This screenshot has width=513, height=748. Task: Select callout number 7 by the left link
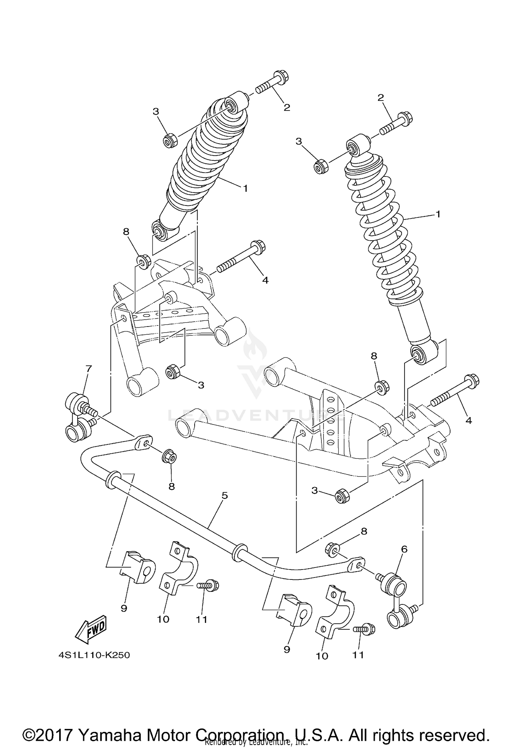coord(89,369)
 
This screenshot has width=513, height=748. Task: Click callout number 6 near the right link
coord(404,549)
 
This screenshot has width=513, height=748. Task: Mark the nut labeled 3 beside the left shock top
coord(169,141)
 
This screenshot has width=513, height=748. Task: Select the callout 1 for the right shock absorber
coord(438,214)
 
